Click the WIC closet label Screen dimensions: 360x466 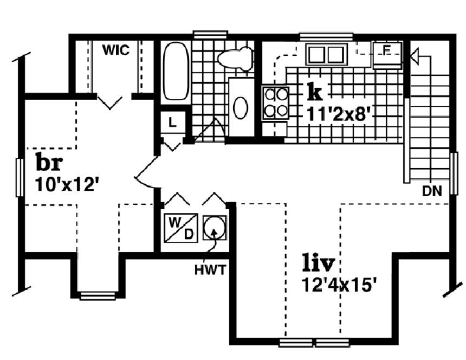(x=116, y=50)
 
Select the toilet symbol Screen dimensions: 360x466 (x=236, y=58)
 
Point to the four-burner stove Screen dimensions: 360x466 (x=275, y=103)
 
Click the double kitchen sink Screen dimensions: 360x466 (x=326, y=55)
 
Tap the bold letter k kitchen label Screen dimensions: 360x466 (x=314, y=93)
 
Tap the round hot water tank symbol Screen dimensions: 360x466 (x=214, y=227)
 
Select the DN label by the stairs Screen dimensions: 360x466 (x=432, y=190)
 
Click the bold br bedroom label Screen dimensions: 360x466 (x=49, y=162)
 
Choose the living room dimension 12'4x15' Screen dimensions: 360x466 (x=339, y=285)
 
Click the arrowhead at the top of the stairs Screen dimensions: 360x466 (x=415, y=55)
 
